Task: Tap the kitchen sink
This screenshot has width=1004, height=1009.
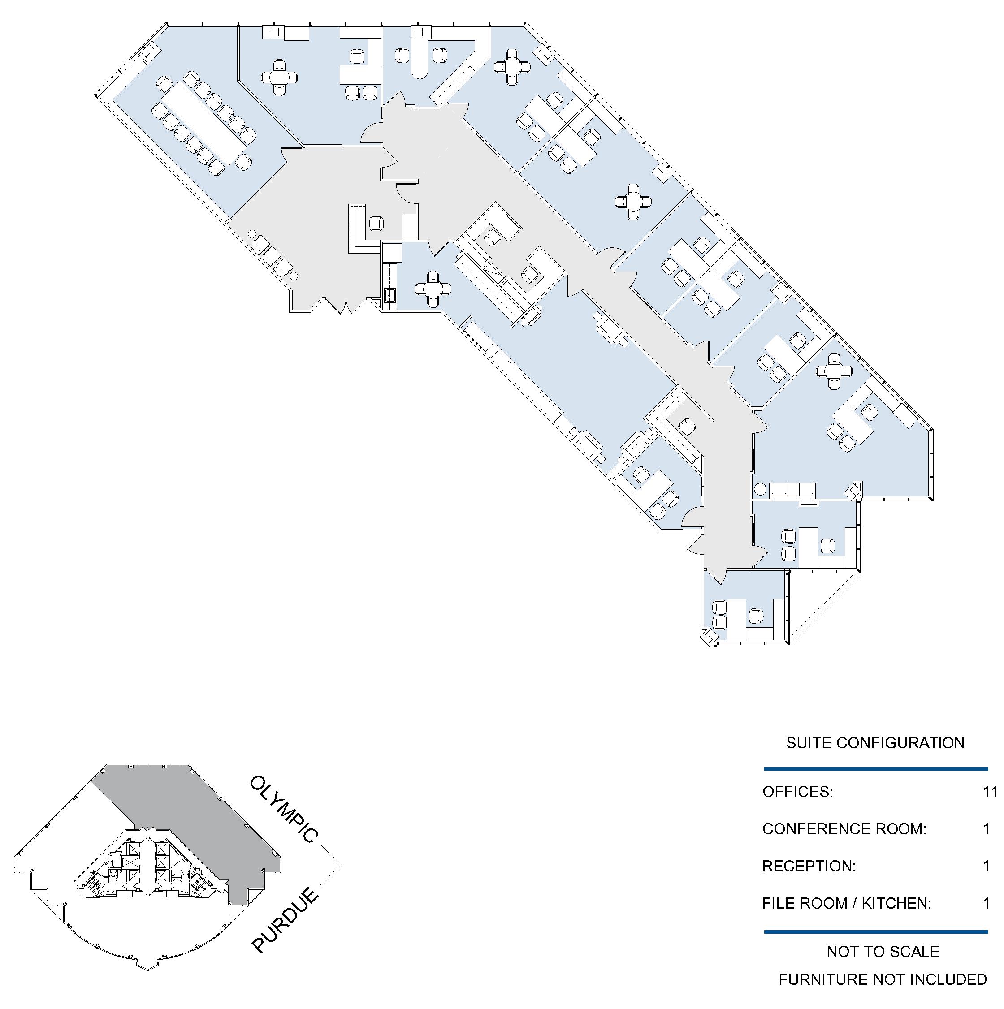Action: [389, 295]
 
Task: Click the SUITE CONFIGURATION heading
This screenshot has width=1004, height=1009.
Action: [875, 743]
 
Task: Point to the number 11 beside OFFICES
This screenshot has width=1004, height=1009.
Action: [990, 792]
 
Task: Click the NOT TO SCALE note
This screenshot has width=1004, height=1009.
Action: [883, 952]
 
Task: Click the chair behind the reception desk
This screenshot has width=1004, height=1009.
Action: [376, 224]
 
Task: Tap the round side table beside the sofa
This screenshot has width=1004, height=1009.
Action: [760, 490]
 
